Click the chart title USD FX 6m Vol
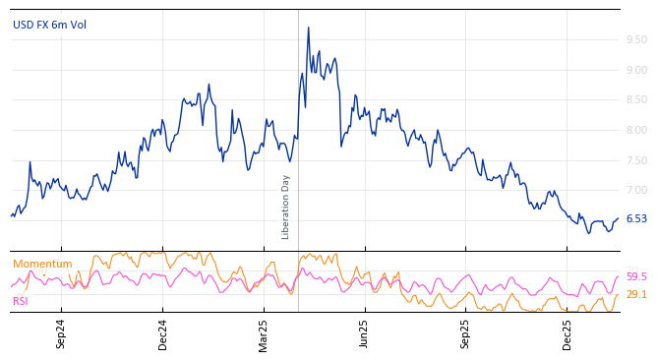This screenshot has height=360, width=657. pos(49,25)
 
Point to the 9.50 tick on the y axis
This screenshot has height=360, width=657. pos(636,40)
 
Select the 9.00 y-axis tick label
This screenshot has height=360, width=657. pos(636,70)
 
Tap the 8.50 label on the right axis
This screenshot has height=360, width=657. pos(636,99)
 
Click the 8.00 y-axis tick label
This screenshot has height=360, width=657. pos(636,130)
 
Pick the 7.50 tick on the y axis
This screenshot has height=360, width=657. pos(636,160)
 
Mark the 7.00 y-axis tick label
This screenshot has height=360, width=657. pos(636,190)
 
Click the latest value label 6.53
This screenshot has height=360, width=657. pos(636,219)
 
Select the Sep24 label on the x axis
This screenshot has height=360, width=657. pos(61,333)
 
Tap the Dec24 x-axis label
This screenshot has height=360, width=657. pos(163,333)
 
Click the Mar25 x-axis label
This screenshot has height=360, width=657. pos(264,333)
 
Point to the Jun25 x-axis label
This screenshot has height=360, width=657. pos(365,333)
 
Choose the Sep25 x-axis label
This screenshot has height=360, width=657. pos(466,333)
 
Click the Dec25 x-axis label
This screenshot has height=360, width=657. pos(567,333)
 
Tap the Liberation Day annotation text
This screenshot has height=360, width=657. pos(286,207)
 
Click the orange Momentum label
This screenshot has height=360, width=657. pos(42,265)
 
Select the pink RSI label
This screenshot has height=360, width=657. pos(21,301)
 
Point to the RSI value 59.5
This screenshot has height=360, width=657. pos(636,277)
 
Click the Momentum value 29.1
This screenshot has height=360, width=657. pos(636,295)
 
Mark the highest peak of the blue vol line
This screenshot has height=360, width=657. pos(308,29)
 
